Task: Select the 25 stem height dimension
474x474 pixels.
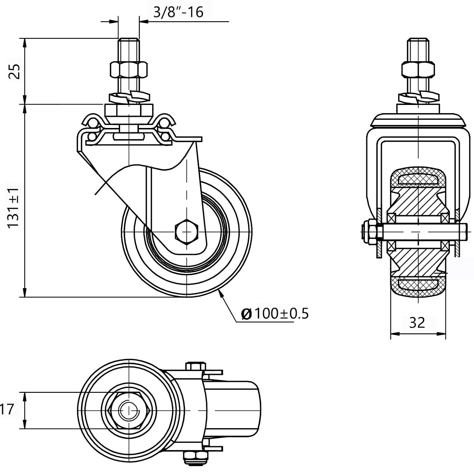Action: [x=14, y=71]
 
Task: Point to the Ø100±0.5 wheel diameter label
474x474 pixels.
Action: [x=275, y=313]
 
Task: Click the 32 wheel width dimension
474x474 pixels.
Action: [x=417, y=323]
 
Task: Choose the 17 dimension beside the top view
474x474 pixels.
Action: [x=7, y=409]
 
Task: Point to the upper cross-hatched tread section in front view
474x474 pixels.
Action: [x=418, y=179]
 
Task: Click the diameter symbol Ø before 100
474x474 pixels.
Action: [x=246, y=314]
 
